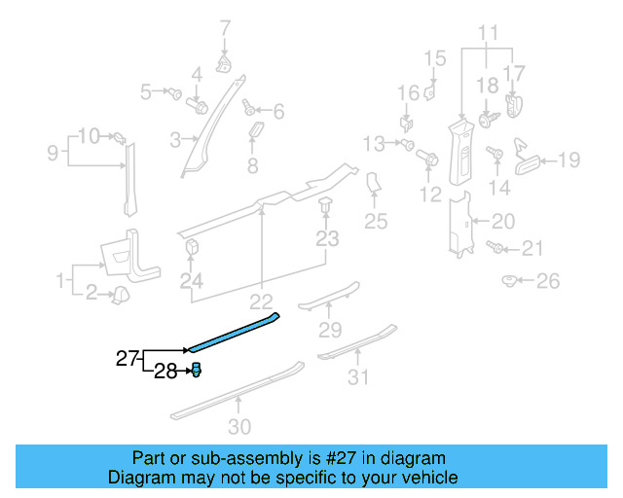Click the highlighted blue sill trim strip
click(x=234, y=332)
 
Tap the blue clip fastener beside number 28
click(x=196, y=369)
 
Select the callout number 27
click(x=128, y=359)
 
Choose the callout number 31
click(x=359, y=376)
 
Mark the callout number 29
click(x=331, y=329)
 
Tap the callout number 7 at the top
click(x=225, y=27)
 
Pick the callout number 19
click(x=568, y=160)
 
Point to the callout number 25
click(x=376, y=223)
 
